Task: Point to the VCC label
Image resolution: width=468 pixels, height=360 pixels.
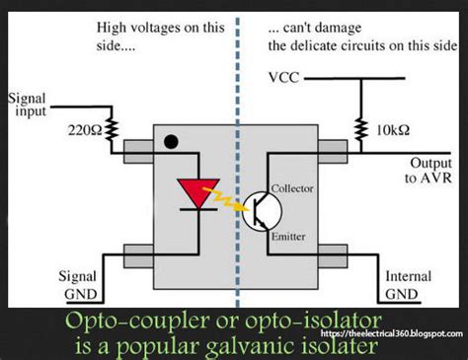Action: tap(282, 76)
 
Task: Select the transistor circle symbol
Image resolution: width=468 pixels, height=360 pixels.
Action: tap(263, 208)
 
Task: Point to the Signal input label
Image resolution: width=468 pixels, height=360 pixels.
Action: tap(28, 105)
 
